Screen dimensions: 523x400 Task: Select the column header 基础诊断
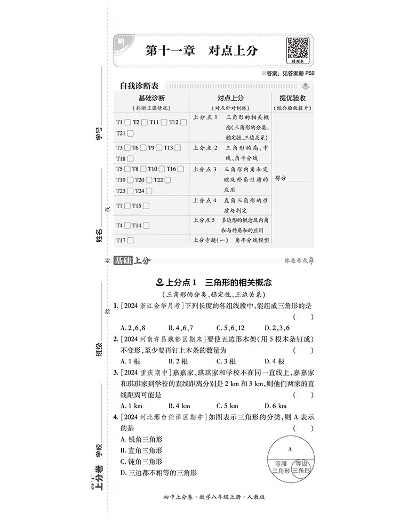(x=151, y=98)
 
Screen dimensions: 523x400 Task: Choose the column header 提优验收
(x=292, y=98)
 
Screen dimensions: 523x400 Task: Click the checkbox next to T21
(x=130, y=133)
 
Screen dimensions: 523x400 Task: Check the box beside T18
(x=130, y=159)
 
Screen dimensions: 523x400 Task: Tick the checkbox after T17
(x=130, y=240)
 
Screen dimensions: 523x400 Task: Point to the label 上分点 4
(x=205, y=201)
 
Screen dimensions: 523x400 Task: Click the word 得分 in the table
(x=281, y=178)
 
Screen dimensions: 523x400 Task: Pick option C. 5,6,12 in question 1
(x=231, y=327)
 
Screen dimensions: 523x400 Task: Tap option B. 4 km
(x=180, y=406)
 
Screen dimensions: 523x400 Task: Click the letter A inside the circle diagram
(x=290, y=449)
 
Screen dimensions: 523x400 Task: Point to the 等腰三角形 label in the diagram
(x=281, y=467)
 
